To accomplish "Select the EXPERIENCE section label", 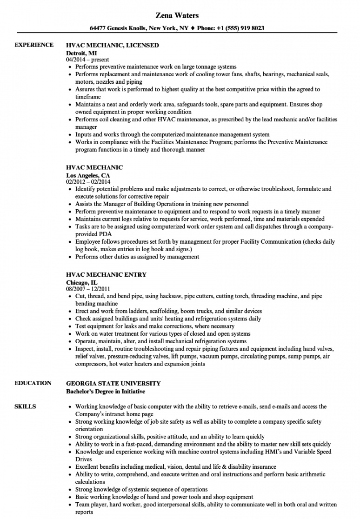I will point(34,45).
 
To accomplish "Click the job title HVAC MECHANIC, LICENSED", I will point(113,46).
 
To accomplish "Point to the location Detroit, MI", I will point(83,53).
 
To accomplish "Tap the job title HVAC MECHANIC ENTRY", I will point(107,275).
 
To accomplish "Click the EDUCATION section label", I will point(33,383).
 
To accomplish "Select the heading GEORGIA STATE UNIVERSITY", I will point(113,384).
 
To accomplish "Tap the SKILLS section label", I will point(25,406).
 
